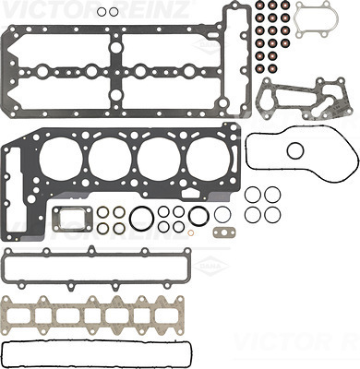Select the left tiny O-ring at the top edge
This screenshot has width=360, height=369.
click(102, 13)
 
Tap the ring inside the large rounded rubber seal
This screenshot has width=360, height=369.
click(295, 150)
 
